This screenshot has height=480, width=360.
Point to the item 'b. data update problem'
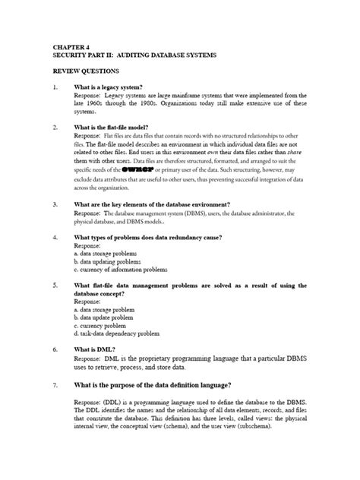105,314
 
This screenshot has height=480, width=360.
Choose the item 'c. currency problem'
100,324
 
